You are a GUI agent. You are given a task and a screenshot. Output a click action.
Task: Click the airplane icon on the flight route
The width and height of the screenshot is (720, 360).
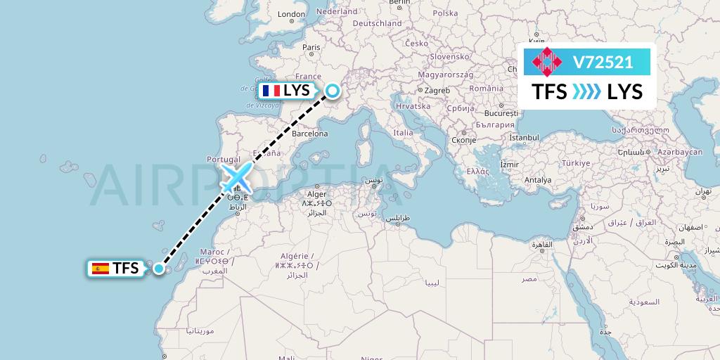coord(237,176)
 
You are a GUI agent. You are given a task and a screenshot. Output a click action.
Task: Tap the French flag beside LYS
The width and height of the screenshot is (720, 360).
coord(270,91)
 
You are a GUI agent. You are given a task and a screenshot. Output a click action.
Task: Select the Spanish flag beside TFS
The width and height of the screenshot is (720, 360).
coord(101,268)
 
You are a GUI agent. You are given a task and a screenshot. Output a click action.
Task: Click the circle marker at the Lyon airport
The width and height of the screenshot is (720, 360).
coord(331,90)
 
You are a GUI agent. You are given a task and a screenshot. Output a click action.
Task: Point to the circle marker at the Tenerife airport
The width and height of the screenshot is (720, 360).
coord(160,268)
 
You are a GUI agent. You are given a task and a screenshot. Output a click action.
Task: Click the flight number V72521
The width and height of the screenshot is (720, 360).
coord(603,62)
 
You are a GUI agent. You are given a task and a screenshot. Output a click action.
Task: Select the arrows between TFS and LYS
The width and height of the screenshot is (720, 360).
coord(587,91)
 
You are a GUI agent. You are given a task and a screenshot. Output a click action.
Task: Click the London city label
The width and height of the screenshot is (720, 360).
coord(291,14)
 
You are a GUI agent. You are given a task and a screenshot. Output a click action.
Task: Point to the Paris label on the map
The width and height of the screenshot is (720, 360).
coord(311,48)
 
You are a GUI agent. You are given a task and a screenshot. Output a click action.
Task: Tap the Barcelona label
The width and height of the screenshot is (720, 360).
coord(310,133)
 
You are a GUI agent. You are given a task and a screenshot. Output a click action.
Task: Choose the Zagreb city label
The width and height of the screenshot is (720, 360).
coord(437,91)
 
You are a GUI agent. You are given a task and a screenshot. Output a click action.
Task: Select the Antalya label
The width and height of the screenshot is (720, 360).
coord(537,180)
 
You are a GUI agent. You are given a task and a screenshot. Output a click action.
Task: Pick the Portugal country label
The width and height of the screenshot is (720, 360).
coord(224,160)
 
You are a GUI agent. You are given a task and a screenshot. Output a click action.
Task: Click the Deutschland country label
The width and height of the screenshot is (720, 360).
coord(376,23)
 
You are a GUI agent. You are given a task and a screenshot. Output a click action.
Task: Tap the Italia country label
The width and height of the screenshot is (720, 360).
coord(403,132)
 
